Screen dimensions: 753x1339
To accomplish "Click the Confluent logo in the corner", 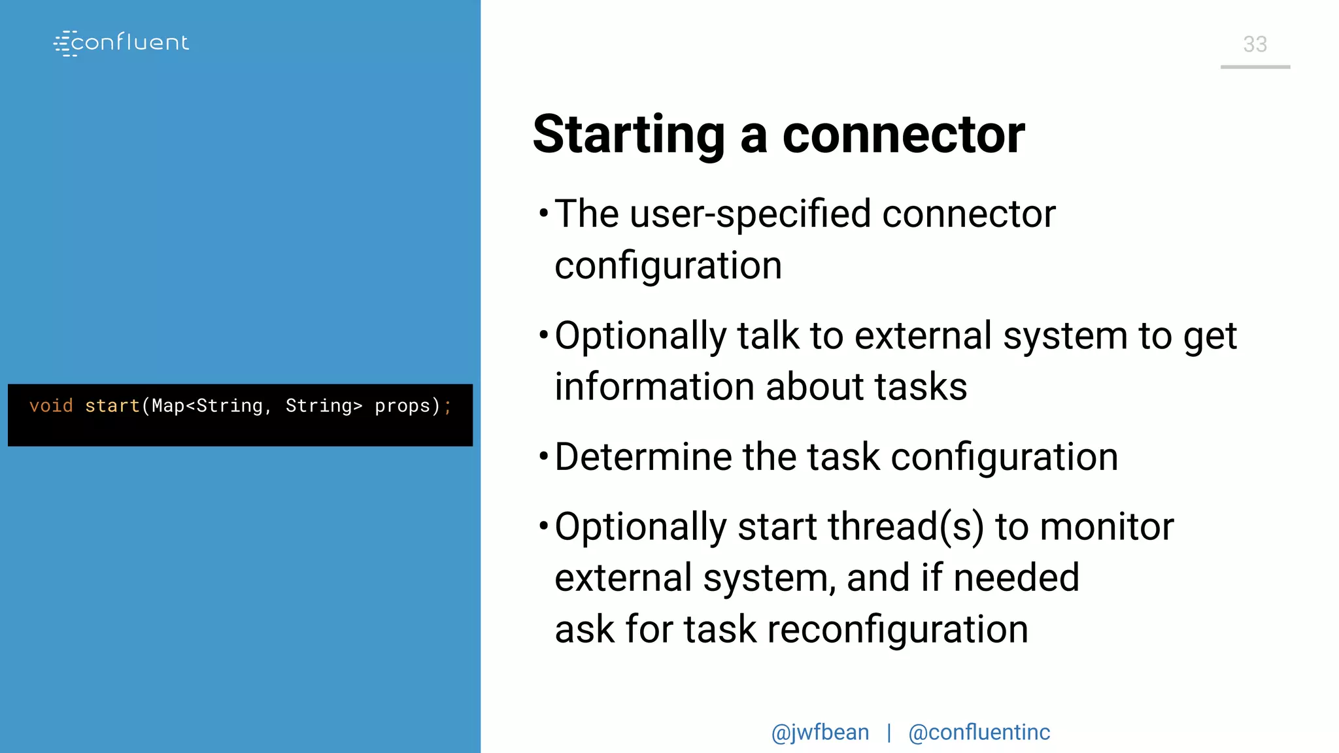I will coord(122,43).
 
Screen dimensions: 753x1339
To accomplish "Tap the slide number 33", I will coord(1255,44).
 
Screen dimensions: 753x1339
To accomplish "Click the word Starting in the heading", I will coord(628,135).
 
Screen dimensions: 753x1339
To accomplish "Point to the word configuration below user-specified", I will coord(668,266).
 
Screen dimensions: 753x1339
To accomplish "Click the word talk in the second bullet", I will coord(768,336).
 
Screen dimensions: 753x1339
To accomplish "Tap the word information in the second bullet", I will coord(654,387).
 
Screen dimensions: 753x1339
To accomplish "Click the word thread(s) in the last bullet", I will coord(906,527).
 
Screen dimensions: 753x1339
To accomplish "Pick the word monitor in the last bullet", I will coord(1106,527).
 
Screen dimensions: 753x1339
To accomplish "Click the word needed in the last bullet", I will coord(1016,578).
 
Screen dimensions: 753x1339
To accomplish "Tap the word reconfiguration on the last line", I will coord(897,629).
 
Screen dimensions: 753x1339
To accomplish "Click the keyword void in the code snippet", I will coord(51,406).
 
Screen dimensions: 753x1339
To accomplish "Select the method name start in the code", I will coord(112,406).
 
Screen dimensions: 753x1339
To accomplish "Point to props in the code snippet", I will coord(402,406).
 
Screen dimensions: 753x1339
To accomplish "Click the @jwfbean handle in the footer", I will coord(820,733).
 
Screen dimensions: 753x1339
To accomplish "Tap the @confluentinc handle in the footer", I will coord(979,733).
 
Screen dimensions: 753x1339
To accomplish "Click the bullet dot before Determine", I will coord(543,456).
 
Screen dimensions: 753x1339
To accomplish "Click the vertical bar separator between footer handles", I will coord(889,733).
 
